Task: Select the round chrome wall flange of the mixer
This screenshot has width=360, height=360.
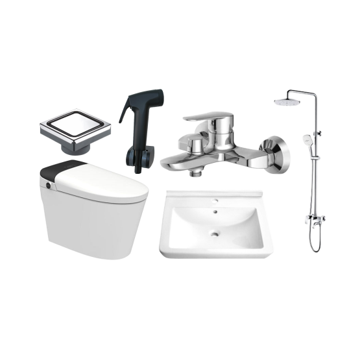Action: tap(276, 156)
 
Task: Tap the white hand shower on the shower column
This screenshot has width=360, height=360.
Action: tap(307, 139)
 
